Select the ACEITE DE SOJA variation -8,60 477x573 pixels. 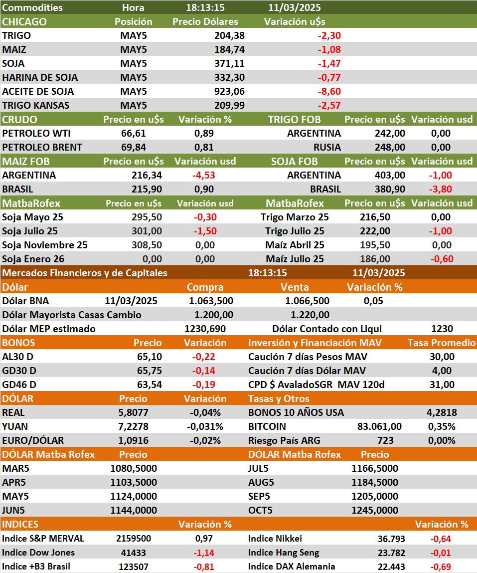328,92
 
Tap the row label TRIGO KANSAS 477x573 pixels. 36,106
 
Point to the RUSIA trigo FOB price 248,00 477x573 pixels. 390,148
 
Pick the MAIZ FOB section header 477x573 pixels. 26,162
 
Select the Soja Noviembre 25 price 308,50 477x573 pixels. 146,245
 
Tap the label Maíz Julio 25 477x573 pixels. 295,259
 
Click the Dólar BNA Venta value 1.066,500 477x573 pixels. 307,301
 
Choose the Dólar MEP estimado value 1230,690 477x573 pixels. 205,329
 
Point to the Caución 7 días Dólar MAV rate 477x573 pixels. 442,371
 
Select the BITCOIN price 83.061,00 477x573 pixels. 379,427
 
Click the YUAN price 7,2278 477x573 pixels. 133,427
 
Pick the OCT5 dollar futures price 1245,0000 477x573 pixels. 375,511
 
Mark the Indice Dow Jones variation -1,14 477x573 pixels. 204,553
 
